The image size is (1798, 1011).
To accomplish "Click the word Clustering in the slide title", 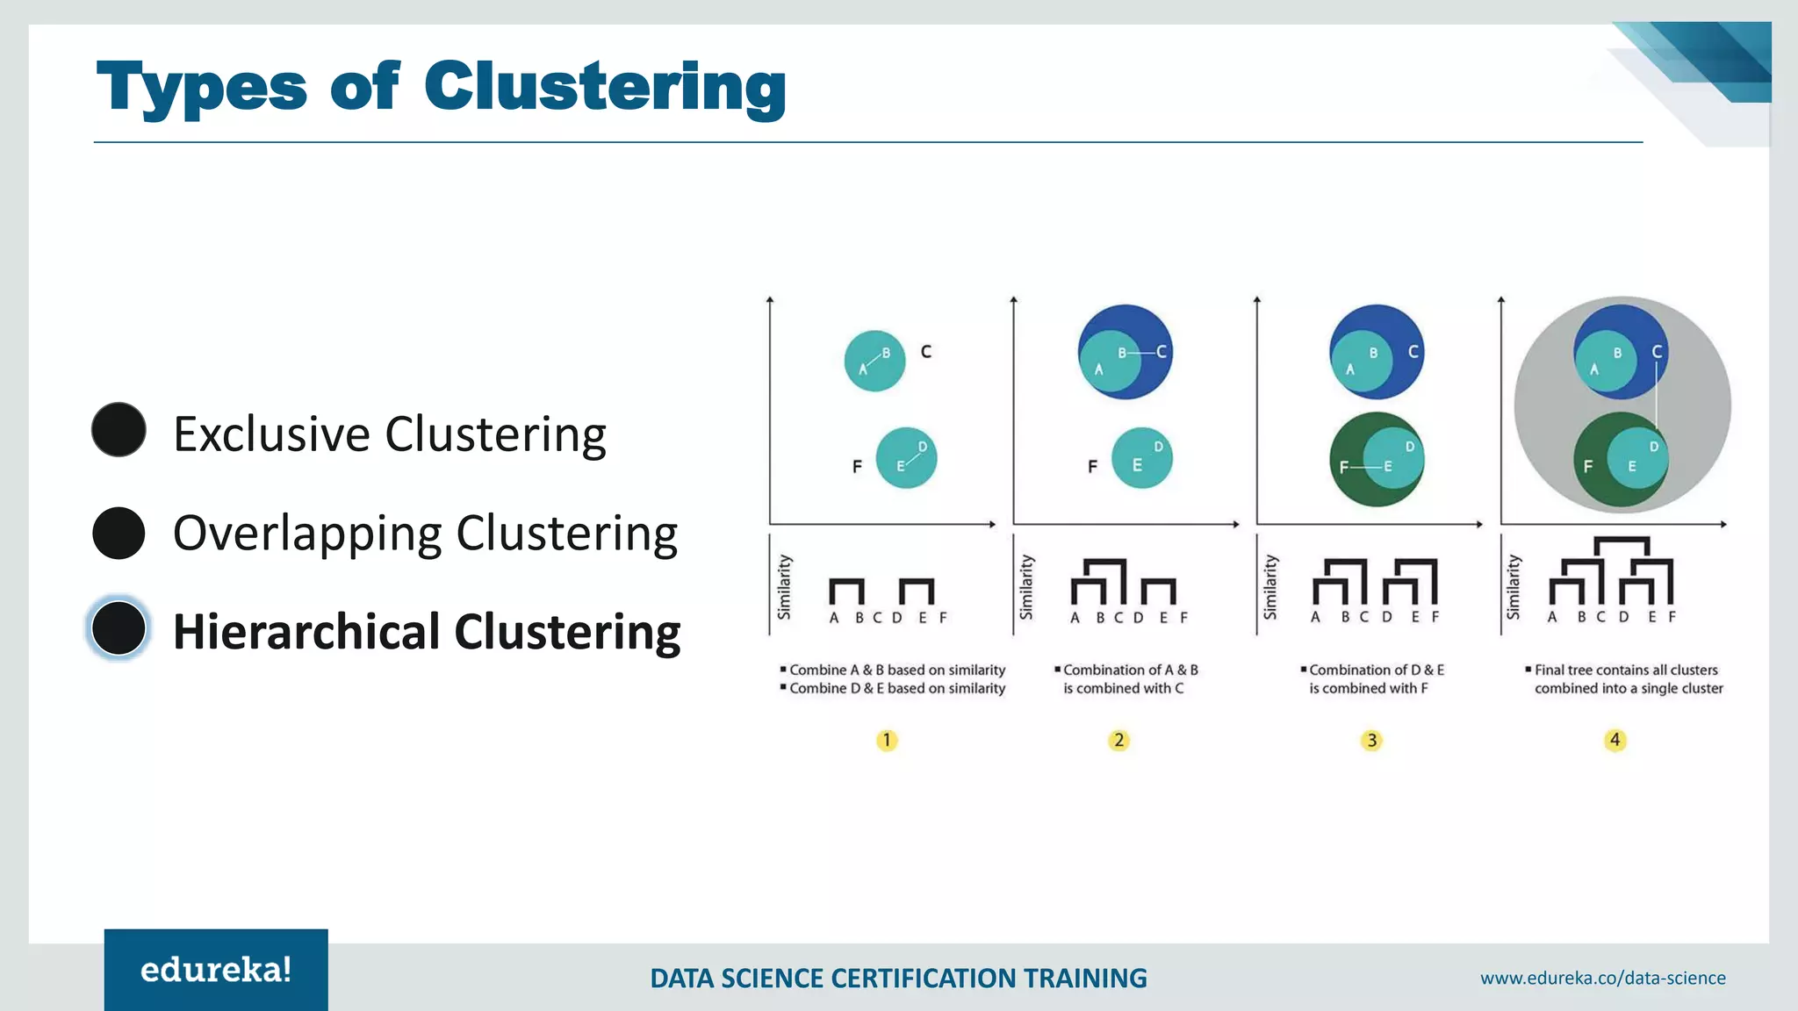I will coord(604,88).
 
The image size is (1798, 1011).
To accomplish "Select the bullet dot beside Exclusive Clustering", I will coord(119,430).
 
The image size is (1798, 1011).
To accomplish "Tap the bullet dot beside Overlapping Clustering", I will coord(119,533).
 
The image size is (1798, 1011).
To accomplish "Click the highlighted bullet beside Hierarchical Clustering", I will coord(119,628).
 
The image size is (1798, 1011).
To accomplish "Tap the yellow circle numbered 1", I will coord(887,741).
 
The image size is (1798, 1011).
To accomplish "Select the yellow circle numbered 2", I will coord(1118,741).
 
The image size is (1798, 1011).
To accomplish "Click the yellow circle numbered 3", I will coord(1371,741).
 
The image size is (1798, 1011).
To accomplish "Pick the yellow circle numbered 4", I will coord(1615,741).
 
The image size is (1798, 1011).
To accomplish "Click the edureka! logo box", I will coord(216,970).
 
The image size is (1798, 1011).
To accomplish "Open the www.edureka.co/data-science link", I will coord(1602,978).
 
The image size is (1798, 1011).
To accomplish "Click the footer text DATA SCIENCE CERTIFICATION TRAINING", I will coord(898,978).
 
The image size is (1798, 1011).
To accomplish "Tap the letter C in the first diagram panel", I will coord(925,352).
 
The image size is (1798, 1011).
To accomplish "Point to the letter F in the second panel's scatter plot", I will coord(1092,467).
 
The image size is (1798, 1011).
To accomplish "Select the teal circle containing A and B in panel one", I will coord(874,361).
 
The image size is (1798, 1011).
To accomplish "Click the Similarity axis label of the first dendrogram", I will coord(784,586).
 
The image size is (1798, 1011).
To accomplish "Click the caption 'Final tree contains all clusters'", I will coord(1625,670).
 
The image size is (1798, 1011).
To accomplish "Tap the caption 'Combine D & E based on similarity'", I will coord(896,689).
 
